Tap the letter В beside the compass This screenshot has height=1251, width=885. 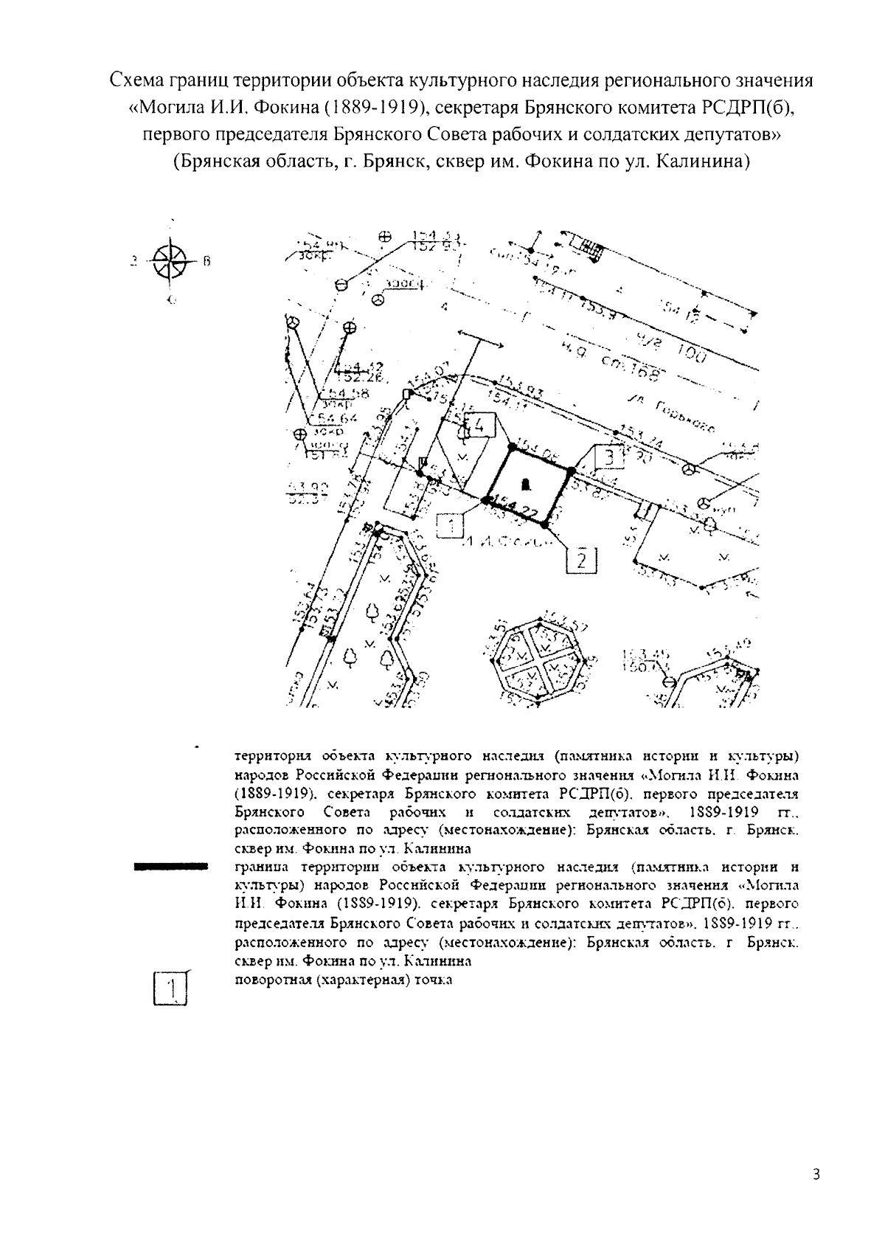(x=207, y=260)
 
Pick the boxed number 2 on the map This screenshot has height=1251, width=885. (x=581, y=561)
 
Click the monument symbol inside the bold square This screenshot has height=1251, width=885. (x=525, y=484)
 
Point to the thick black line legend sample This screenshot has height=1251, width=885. (x=170, y=867)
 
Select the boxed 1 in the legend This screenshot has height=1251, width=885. (x=170, y=988)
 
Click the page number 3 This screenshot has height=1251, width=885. (x=816, y=1174)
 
